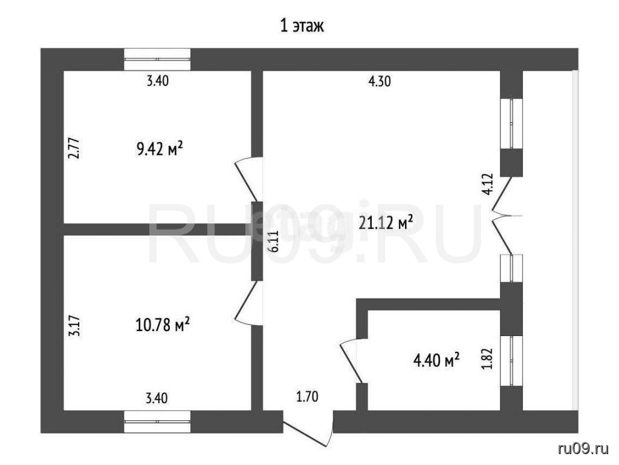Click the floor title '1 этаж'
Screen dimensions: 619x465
pos(302,27)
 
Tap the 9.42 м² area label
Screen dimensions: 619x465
pos(160,149)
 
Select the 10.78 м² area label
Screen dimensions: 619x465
pos(163,325)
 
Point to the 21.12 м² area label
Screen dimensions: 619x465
pos(386,223)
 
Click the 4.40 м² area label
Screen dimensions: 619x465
pos(436,360)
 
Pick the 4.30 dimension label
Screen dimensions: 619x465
pos(380,82)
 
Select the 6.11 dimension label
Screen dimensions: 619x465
pos(274,241)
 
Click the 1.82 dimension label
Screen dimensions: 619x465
pos(488,358)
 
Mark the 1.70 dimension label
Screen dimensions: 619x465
pos(307,396)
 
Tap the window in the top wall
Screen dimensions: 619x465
pos(158,59)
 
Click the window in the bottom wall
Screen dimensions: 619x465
pos(158,421)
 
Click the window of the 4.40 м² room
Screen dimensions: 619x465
pos(511,361)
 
